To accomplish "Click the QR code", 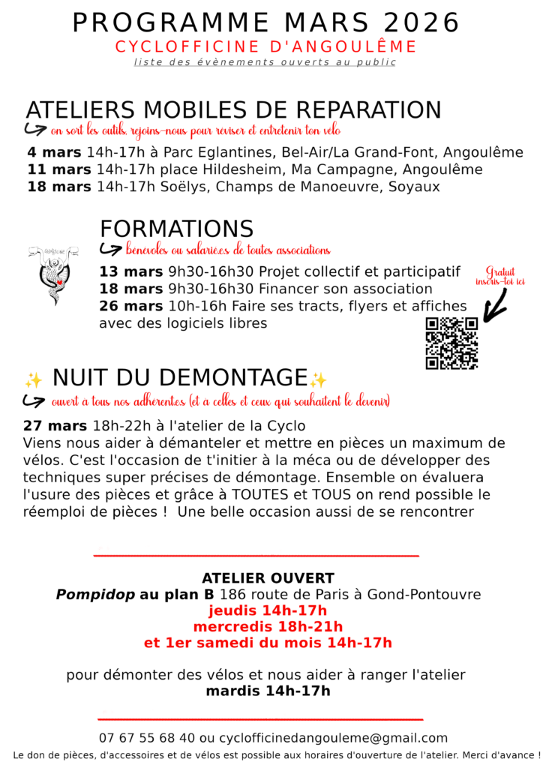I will [x=451, y=343].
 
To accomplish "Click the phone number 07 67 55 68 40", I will [x=147, y=738].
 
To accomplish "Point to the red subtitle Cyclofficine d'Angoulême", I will [x=265, y=47].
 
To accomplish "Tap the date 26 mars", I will [x=130, y=306].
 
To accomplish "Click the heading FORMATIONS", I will [x=176, y=229].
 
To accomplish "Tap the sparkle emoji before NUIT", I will [x=33, y=379].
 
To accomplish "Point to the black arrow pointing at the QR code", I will [x=496, y=304].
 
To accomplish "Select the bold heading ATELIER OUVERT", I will [x=268, y=578].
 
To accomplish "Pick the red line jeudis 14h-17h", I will [x=268, y=610].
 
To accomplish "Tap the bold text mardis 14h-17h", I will [x=268, y=691].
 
